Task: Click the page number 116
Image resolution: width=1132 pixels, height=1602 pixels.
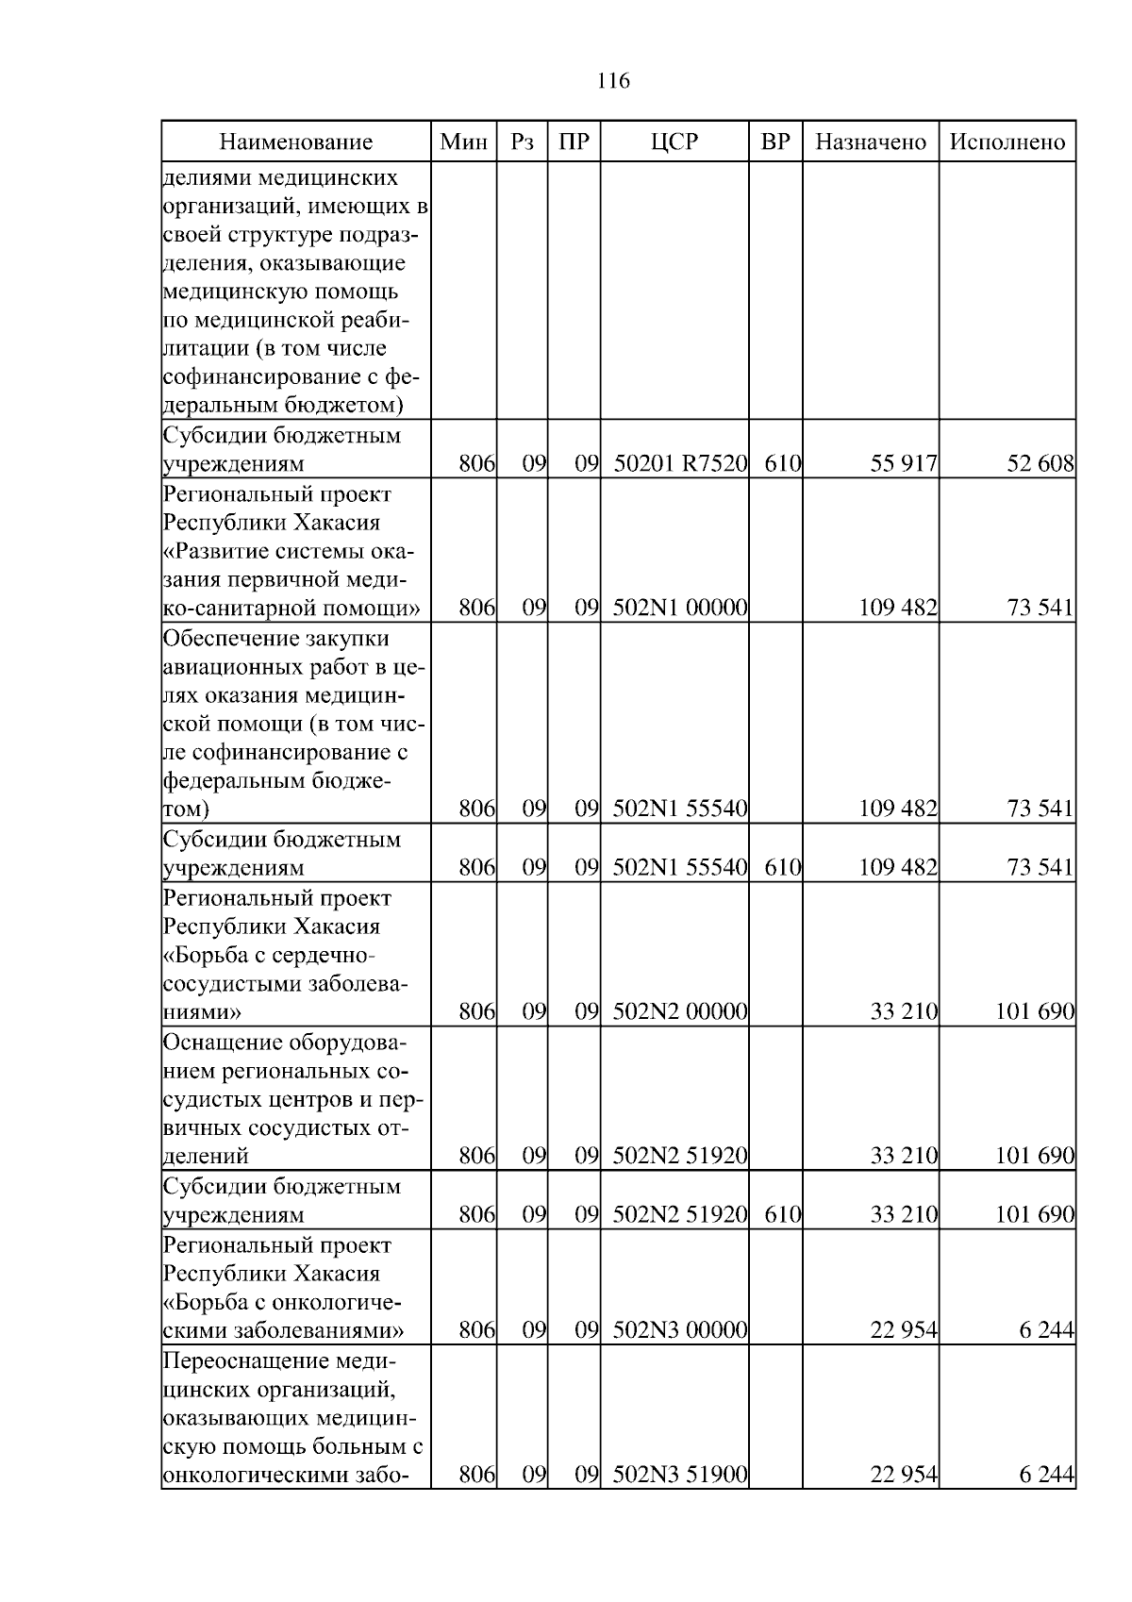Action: [x=613, y=81]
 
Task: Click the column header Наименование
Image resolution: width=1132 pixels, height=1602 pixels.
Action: [x=295, y=142]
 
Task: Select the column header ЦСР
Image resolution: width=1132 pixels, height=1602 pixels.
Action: [x=674, y=142]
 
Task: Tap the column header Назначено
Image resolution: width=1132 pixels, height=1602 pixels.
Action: [x=871, y=142]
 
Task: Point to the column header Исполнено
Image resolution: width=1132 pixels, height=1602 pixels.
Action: [x=1007, y=142]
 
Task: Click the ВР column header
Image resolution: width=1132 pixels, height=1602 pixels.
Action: [x=774, y=142]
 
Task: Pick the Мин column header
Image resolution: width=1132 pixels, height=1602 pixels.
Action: [x=464, y=142]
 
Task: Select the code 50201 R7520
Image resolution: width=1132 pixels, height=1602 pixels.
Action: [x=680, y=464]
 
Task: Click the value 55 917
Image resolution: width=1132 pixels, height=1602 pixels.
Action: [x=904, y=464]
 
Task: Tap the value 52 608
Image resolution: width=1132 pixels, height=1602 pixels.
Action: [x=1040, y=464]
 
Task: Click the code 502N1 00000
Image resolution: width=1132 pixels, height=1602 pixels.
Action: [x=680, y=608]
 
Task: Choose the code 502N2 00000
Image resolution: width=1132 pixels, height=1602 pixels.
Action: [x=680, y=1012]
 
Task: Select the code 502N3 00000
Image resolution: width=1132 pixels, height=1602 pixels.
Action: [x=680, y=1330]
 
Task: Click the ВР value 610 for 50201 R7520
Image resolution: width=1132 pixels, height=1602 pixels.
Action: [x=782, y=464]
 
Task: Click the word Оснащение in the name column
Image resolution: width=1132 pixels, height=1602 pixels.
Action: [x=222, y=1043]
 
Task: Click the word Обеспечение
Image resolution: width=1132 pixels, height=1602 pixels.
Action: [x=229, y=639]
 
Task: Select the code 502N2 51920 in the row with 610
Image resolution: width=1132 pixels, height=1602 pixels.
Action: [x=680, y=1214]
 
